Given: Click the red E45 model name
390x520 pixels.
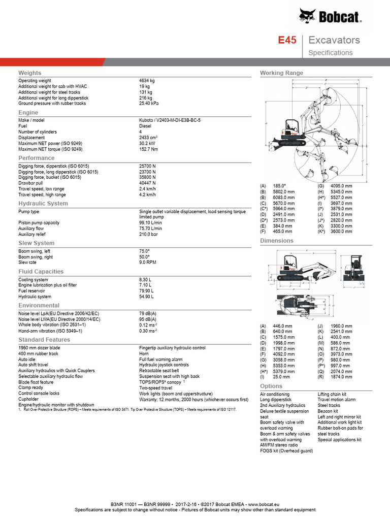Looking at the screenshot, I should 286,41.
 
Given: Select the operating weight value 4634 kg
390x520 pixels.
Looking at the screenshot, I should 147,81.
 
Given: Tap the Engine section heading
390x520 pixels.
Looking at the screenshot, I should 28,112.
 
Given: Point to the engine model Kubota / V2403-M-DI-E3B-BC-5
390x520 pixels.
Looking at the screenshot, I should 170,120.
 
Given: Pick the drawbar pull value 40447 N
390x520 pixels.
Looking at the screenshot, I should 147,183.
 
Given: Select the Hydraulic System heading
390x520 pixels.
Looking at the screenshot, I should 43,204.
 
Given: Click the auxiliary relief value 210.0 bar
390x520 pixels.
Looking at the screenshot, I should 148,235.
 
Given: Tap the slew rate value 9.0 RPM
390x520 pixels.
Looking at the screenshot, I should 148,263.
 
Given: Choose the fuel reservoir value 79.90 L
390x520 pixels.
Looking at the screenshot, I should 146,291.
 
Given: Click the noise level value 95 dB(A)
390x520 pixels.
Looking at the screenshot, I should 148,319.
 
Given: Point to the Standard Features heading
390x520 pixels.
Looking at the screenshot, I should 44,340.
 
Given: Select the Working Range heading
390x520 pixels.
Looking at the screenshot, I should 281,73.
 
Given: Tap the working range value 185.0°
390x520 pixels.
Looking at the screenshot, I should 279,186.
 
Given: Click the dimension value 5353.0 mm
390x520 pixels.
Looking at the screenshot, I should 283,366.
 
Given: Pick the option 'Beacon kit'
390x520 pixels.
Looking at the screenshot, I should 328,411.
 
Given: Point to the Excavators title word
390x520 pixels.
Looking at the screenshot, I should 334,41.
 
